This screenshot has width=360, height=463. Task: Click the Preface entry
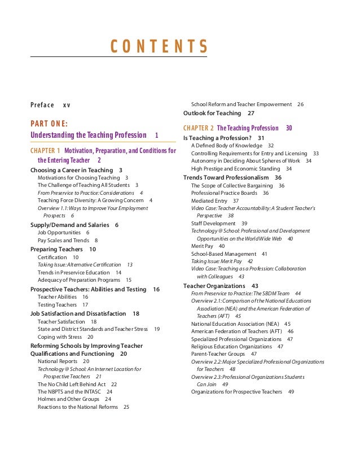pyautogui.click(x=42, y=105)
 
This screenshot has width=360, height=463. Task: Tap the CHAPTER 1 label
pyautogui.click(x=45, y=151)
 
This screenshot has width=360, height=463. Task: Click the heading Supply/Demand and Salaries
pyautogui.click(x=69, y=225)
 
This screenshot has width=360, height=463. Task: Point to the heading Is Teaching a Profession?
pyautogui.click(x=217, y=138)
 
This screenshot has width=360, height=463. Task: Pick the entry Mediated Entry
pyautogui.click(x=209, y=200)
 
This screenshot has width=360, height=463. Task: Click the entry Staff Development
pyautogui.click(x=213, y=224)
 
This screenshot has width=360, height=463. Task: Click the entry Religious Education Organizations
pyautogui.click(x=231, y=347)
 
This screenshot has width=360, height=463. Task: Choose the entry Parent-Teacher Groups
pyautogui.click(x=218, y=354)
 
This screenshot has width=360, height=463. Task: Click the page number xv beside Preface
pyautogui.click(x=67, y=105)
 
